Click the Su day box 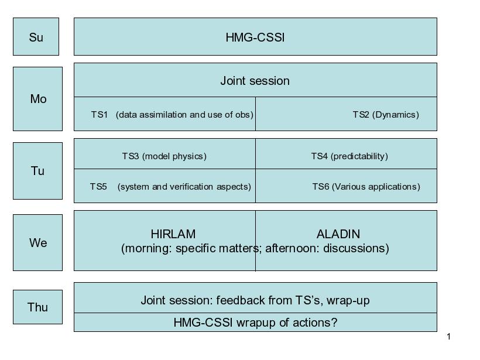click(36, 37)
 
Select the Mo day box click(37, 99)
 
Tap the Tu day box click(37, 171)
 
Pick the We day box click(37, 242)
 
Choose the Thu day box click(37, 307)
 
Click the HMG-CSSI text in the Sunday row click(255, 37)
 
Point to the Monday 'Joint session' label click(255, 81)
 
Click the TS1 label click(99, 115)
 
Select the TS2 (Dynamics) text click(386, 115)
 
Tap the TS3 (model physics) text click(164, 156)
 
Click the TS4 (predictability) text click(349, 156)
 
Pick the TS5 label click(98, 186)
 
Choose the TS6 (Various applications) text click(366, 187)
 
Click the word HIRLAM click(173, 234)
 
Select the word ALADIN click(338, 234)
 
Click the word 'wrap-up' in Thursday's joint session click(348, 301)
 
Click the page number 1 click(449, 337)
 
